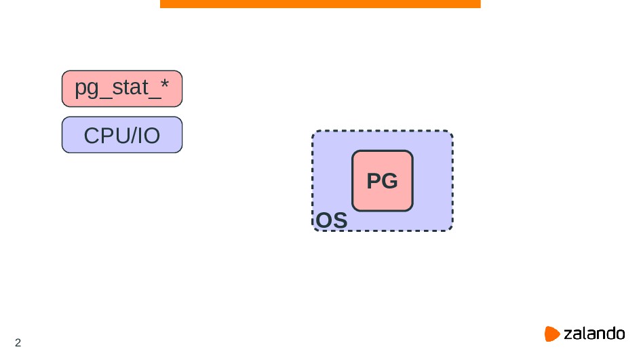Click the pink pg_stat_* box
pyautogui.click(x=122, y=89)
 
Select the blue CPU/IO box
pyautogui.click(x=122, y=135)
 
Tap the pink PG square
pyautogui.click(x=382, y=181)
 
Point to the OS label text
pyautogui.click(x=332, y=221)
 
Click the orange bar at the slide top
pyautogui.click(x=320, y=4)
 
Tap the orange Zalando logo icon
pyautogui.click(x=552, y=334)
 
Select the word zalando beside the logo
pyautogui.click(x=594, y=334)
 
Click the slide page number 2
pyautogui.click(x=18, y=342)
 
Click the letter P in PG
pyautogui.click(x=374, y=182)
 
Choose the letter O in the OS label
pyautogui.click(x=324, y=221)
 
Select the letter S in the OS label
pyautogui.click(x=340, y=221)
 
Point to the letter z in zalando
pyautogui.click(x=568, y=334)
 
